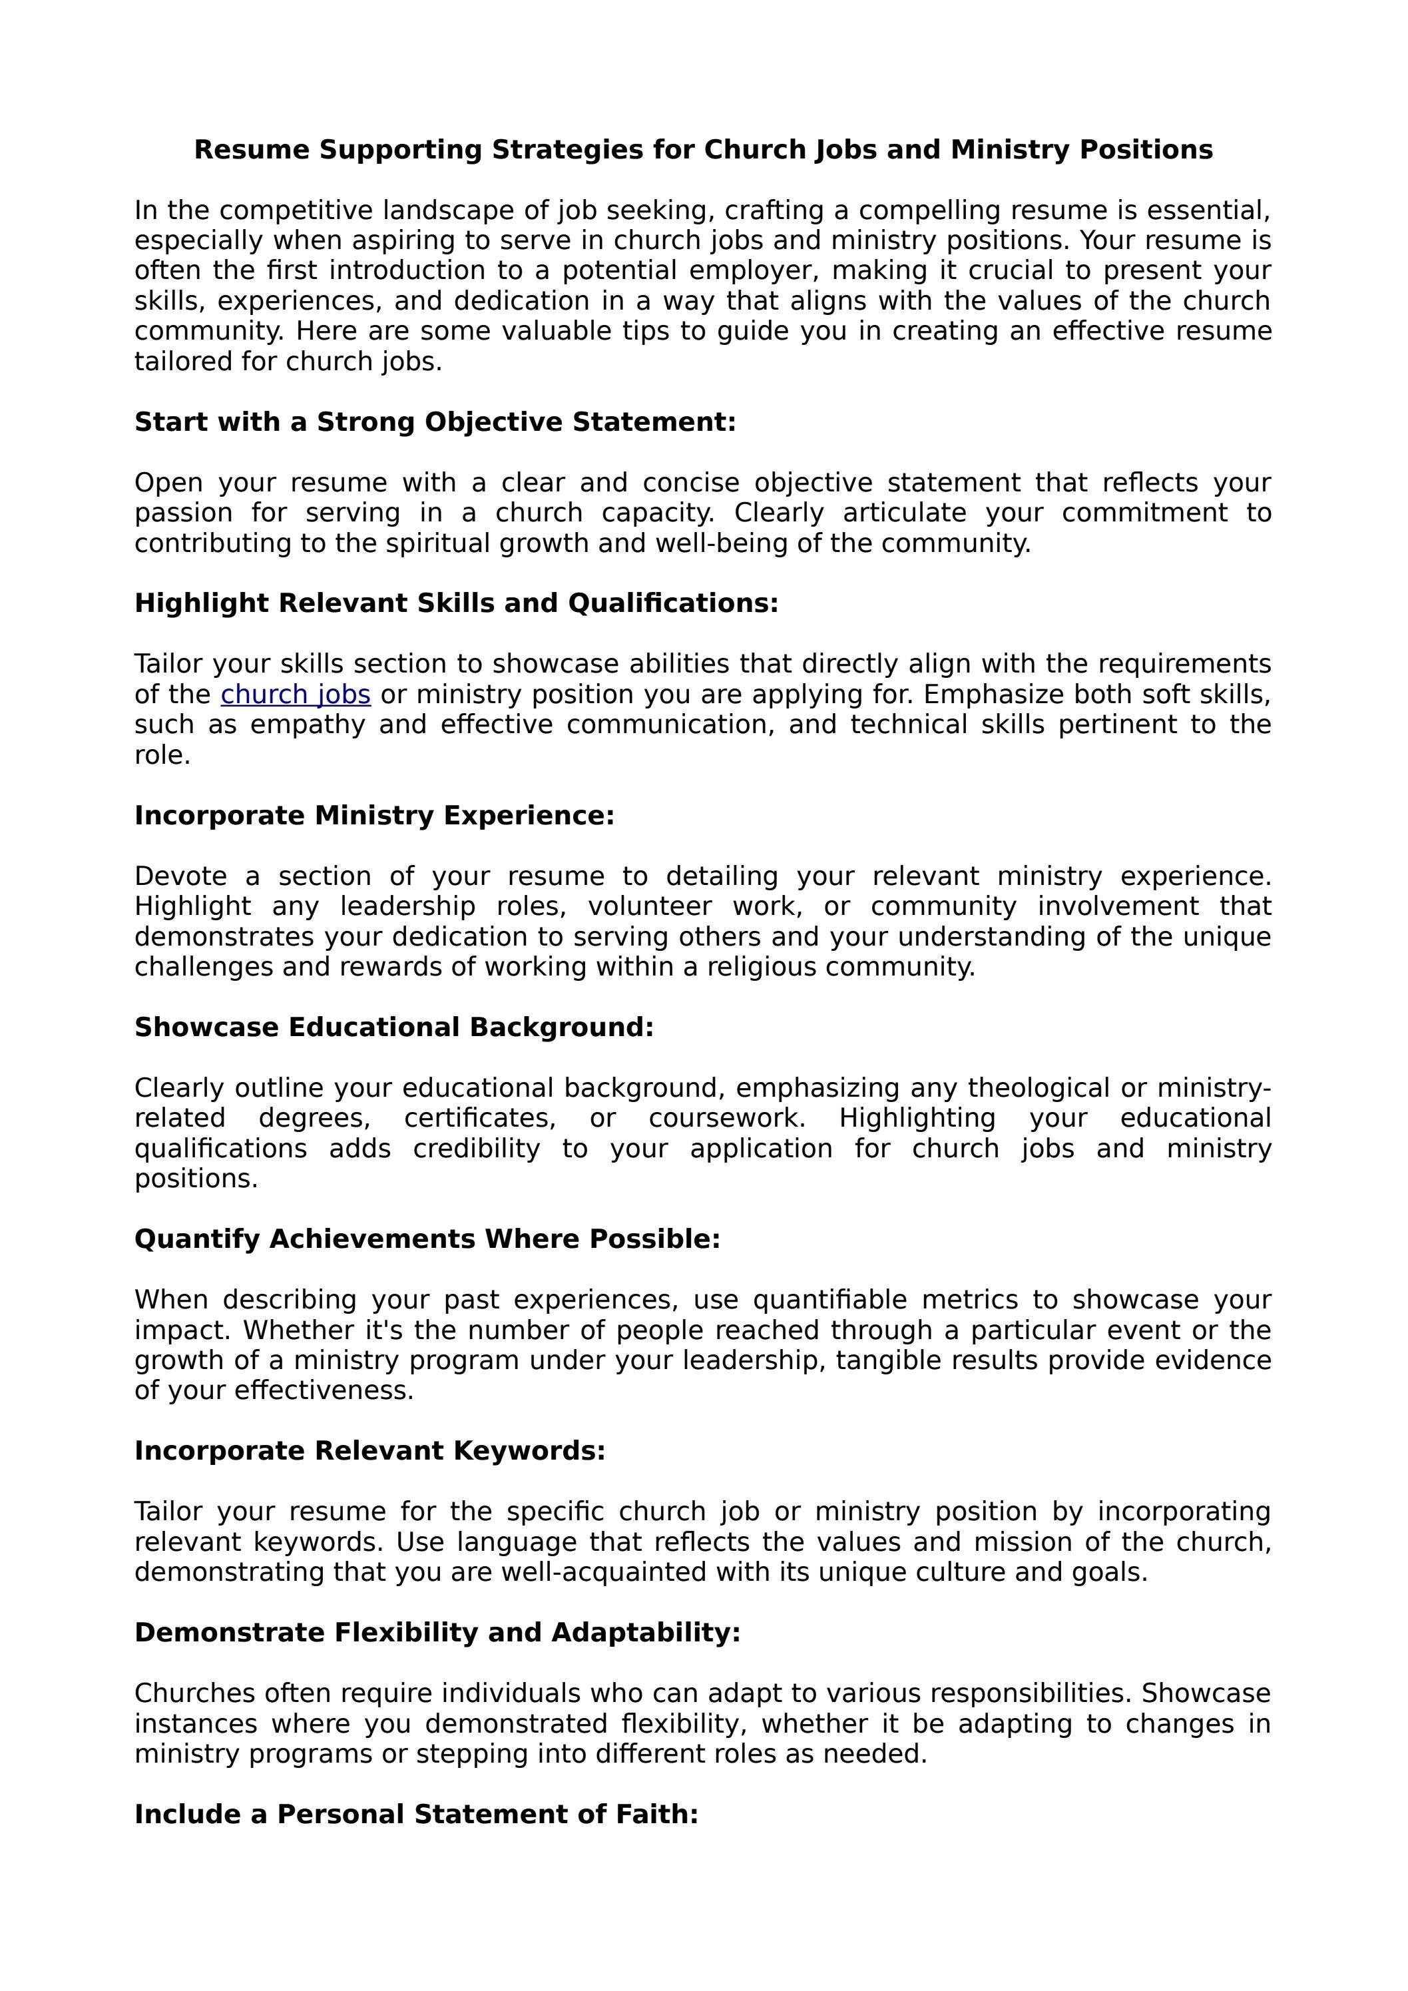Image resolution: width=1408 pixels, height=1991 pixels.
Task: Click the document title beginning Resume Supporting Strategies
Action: [x=703, y=149]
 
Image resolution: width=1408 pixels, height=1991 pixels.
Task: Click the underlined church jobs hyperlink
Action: [x=296, y=695]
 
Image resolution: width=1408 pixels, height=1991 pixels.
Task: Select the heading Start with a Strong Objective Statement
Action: [x=434, y=422]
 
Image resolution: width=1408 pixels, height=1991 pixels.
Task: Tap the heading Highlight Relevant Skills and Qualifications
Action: [x=456, y=603]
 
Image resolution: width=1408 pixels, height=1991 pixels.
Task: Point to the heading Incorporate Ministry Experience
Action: [x=373, y=816]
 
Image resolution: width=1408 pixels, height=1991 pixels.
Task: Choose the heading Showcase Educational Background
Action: [x=393, y=1027]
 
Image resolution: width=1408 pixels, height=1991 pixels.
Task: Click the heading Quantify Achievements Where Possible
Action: [x=427, y=1239]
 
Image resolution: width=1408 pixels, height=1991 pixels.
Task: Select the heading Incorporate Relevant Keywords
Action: [x=369, y=1452]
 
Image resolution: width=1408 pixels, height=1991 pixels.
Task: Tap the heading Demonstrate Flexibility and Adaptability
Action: [x=437, y=1633]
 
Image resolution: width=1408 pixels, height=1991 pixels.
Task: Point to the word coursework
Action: [x=726, y=1119]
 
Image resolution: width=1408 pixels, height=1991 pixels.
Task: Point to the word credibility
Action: [x=476, y=1149]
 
